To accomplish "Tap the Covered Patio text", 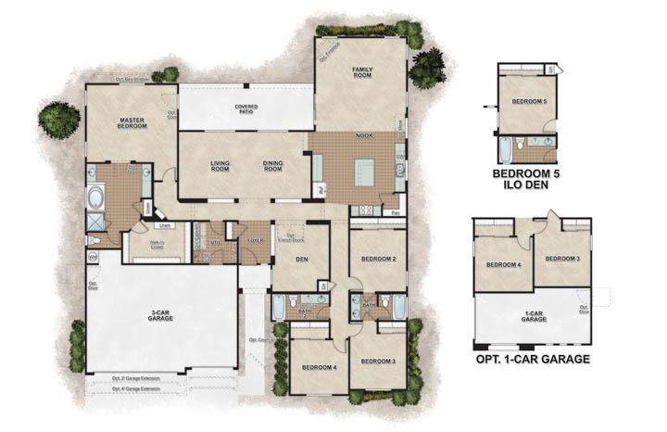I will (245, 109).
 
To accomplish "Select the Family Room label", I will (361, 72).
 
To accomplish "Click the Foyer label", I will (252, 249).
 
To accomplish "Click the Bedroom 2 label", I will (378, 259).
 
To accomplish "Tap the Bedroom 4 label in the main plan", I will (318, 367).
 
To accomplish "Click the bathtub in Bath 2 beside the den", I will (279, 305).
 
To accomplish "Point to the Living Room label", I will (220, 166).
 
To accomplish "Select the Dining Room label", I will (272, 166).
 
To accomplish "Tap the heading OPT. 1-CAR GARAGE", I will (533, 358).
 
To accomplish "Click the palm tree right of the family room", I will (428, 67).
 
